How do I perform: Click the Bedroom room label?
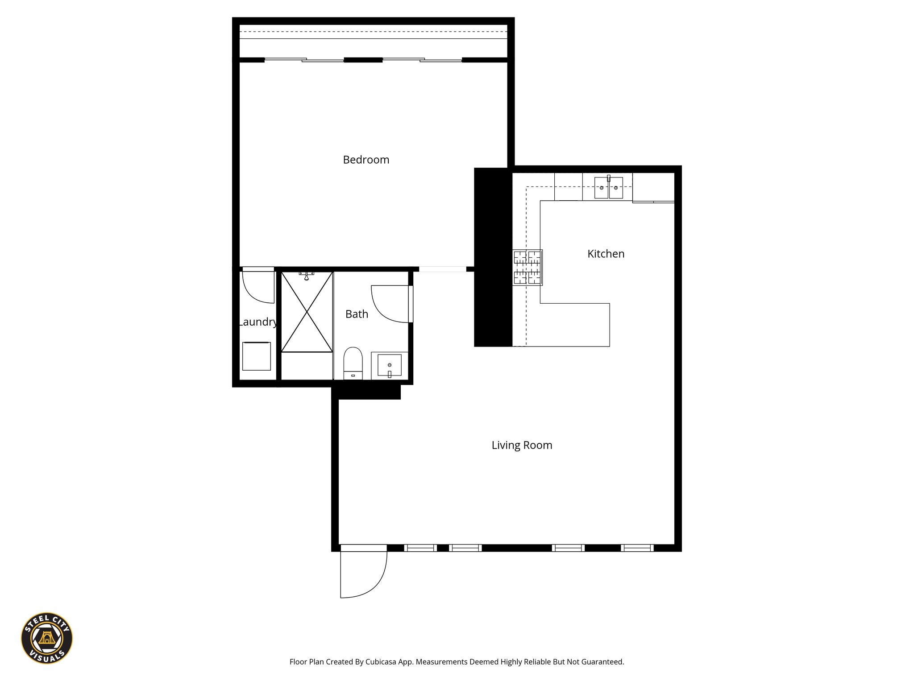[366, 160]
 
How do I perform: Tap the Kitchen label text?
[606, 254]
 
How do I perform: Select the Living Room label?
[522, 445]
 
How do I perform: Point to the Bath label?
[357, 314]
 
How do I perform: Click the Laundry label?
[258, 322]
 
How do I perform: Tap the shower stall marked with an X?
[307, 312]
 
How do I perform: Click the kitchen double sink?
[608, 187]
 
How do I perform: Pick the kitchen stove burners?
[527, 267]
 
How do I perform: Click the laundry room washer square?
[256, 356]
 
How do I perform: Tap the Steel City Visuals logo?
[47, 638]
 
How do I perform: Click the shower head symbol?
[307, 276]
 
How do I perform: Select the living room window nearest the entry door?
[420, 548]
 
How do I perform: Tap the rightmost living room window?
[637, 548]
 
